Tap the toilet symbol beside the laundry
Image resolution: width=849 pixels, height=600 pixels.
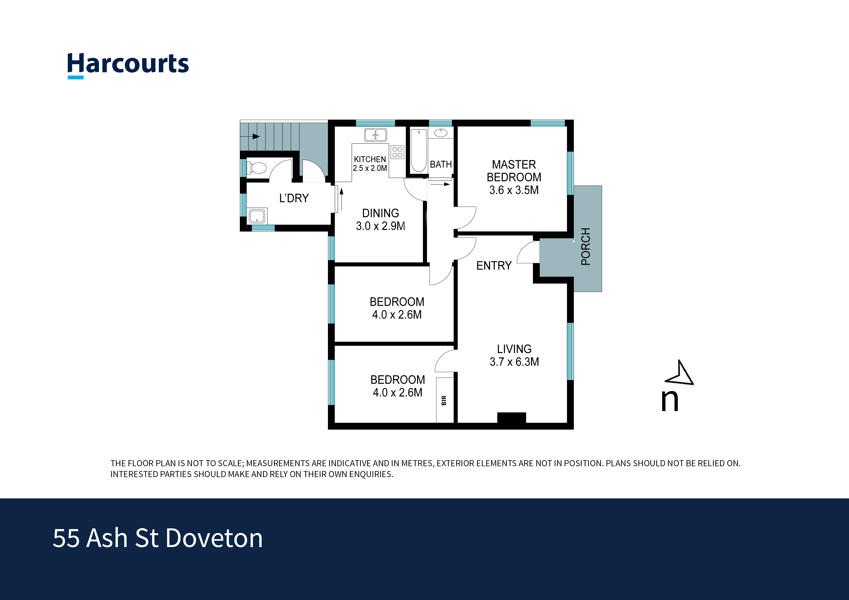coord(257,168)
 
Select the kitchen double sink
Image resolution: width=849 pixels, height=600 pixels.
coord(375,135)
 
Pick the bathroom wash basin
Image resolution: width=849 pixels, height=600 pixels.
coord(441,133)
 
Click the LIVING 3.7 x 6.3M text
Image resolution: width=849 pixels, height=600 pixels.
coord(514,355)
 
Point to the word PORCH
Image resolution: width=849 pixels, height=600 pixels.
coord(585,246)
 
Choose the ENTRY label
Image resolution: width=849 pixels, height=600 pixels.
coord(494,265)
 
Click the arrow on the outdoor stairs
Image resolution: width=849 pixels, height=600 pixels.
coord(255,136)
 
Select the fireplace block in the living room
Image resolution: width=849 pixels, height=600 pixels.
coord(511,417)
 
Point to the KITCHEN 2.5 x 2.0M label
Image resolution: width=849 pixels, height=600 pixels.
coord(370,163)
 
